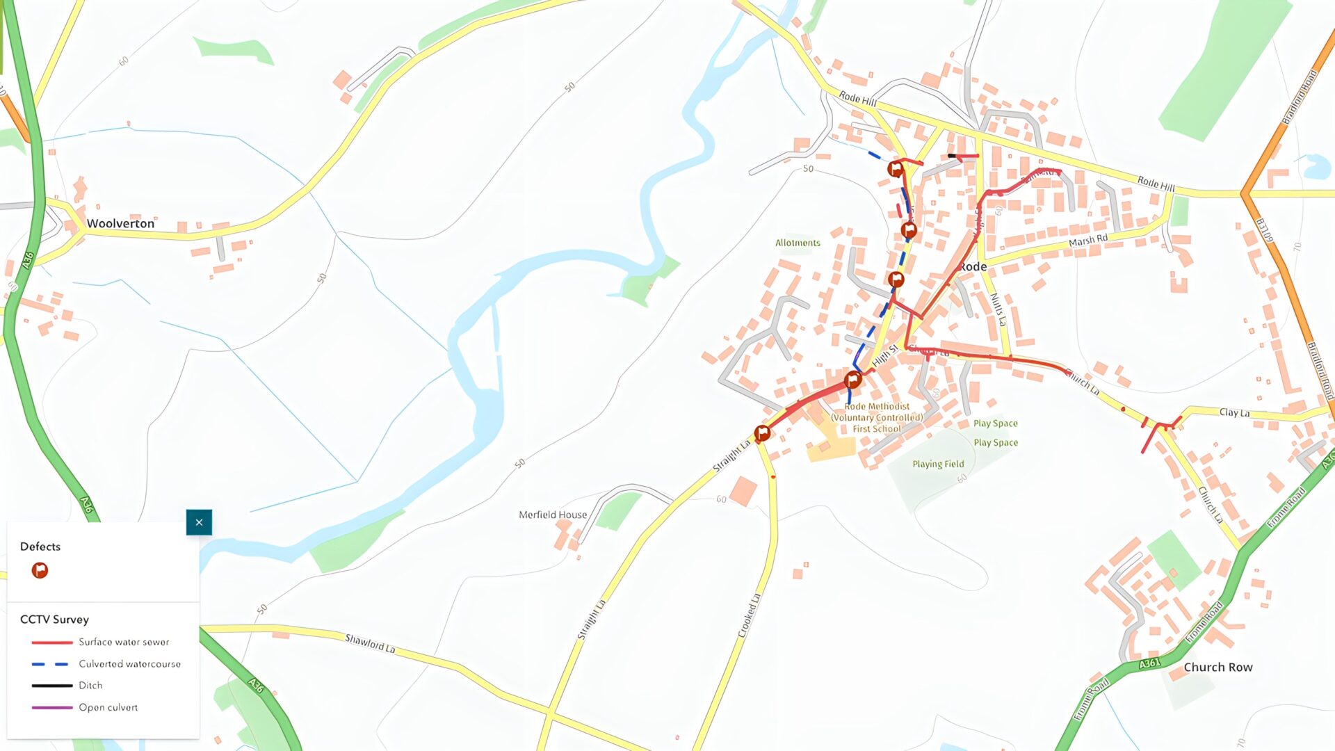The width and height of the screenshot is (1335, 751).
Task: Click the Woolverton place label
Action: pos(120,223)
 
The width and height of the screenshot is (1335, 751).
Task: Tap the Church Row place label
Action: pos(1217,667)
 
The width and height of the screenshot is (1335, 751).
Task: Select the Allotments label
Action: pos(798,243)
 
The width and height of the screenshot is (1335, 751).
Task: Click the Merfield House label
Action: pos(553,515)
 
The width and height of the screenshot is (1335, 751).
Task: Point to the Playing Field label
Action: pos(938,464)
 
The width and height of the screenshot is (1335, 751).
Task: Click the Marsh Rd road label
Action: pos(1087,241)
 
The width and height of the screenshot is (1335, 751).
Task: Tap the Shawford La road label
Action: pos(370,643)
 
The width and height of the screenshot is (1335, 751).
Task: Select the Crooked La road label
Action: pos(749,615)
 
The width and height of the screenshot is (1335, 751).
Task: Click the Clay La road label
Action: pos(1234,412)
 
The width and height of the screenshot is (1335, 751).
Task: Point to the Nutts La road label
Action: pos(997,309)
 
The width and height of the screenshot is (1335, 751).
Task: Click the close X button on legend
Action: pos(199,522)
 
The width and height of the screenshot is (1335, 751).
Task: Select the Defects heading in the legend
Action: pos(40,547)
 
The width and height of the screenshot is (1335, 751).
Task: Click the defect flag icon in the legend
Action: pos(40,571)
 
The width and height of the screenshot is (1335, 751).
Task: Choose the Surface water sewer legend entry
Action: pos(124,642)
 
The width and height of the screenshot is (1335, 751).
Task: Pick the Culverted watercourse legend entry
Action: pos(129,664)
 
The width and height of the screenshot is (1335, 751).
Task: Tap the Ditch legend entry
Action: pos(90,686)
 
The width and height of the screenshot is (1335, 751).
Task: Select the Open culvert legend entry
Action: pos(108,707)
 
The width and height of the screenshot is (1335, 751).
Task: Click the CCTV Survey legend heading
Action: pos(54,620)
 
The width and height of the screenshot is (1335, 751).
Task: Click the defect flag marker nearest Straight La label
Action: pos(762,434)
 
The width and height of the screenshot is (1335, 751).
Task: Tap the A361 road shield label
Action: pos(1149,663)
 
